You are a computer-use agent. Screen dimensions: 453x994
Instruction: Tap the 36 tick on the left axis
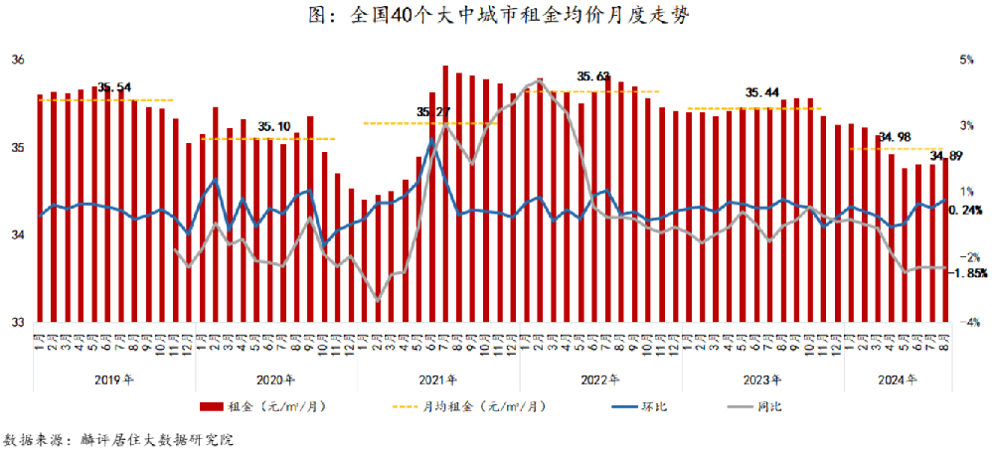[x=17, y=60]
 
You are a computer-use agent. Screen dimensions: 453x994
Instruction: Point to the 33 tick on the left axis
[x=17, y=322]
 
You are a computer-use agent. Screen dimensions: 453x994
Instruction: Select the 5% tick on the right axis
[x=966, y=60]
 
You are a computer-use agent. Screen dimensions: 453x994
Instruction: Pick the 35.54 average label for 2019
[x=116, y=87]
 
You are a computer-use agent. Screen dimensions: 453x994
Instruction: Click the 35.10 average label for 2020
[x=274, y=126]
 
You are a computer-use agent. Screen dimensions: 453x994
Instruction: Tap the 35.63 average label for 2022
[x=593, y=76]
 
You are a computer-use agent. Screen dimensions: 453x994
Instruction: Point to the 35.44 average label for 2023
[x=761, y=92]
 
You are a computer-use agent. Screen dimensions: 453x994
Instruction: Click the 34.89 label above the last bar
[x=945, y=156]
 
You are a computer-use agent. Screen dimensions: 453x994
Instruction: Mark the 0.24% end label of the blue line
[x=967, y=210]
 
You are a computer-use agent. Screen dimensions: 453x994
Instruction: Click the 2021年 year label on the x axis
[x=437, y=379]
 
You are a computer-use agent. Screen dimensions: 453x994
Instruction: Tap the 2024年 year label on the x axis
[x=897, y=379]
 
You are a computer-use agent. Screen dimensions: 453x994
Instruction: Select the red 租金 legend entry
[x=263, y=406]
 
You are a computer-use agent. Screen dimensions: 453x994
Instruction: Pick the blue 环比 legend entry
[x=637, y=406]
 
